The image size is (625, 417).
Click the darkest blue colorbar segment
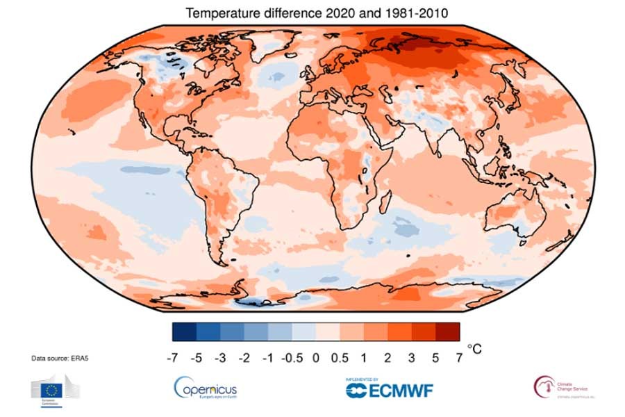(183, 332)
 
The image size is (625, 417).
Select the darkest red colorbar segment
(447, 332)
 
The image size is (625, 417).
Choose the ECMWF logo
(389, 389)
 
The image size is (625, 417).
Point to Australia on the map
(517, 216)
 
